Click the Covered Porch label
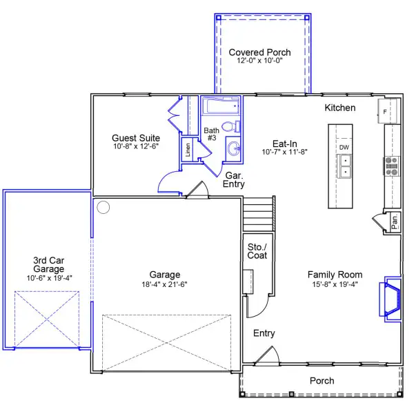click(x=259, y=52)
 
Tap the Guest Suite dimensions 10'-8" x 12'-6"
click(x=136, y=146)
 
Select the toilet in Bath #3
click(x=230, y=127)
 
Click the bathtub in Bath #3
click(x=221, y=106)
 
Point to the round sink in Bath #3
click(x=234, y=148)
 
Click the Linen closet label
click(x=188, y=150)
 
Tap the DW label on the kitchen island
click(x=344, y=148)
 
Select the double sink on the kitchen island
click(x=344, y=166)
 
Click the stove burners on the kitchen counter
click(x=391, y=166)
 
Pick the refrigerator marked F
click(x=387, y=111)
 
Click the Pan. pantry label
click(x=395, y=222)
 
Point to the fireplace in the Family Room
click(x=391, y=299)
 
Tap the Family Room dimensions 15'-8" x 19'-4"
click(x=335, y=284)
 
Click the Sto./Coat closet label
click(x=257, y=251)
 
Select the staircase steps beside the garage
click(x=258, y=214)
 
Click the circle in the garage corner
click(x=103, y=207)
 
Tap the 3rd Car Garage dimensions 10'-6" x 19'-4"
click(x=50, y=278)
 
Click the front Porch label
click(x=322, y=381)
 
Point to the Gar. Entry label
click(x=234, y=179)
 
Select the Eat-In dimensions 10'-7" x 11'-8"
click(x=284, y=152)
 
